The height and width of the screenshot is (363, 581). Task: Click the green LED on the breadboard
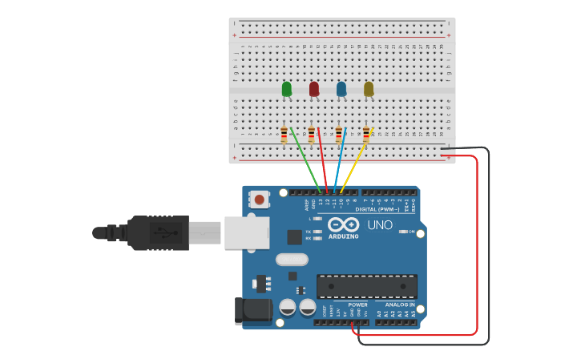287,89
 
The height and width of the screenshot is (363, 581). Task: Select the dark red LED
314,89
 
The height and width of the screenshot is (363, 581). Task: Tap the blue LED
341,89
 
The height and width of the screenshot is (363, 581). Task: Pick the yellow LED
369,89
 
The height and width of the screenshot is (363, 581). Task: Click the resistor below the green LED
284,135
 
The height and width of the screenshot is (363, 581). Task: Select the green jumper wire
305,160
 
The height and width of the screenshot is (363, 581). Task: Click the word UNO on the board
380,225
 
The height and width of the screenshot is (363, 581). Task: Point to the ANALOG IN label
401,305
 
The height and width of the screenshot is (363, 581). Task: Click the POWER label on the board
358,305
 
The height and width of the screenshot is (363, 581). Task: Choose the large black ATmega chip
367,286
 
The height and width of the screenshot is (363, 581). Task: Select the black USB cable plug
156,232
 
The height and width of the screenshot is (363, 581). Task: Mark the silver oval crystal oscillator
292,259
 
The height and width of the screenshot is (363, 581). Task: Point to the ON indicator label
411,232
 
